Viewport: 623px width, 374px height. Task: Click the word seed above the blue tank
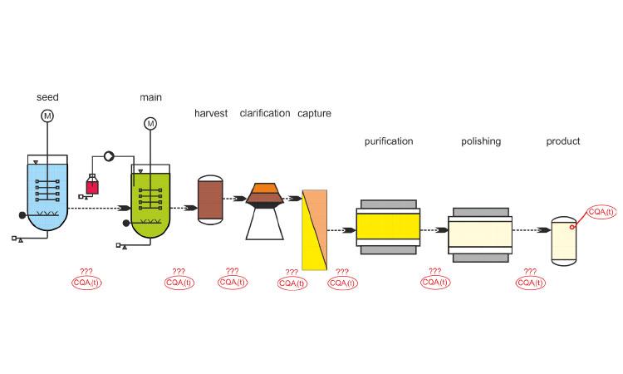[x=47, y=97]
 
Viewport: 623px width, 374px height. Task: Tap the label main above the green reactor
[x=150, y=97]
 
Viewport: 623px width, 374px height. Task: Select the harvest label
[x=211, y=114]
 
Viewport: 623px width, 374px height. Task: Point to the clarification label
[x=265, y=114]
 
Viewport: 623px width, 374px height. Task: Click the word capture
[x=314, y=114]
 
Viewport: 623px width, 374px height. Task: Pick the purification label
[x=389, y=141]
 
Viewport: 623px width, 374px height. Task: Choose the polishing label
[x=481, y=141]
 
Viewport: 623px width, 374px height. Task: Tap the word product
[x=563, y=141]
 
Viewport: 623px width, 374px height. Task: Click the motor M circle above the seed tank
[x=47, y=116]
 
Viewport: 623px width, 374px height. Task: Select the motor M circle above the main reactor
[x=150, y=124]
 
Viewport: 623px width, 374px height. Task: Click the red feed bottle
[x=92, y=185]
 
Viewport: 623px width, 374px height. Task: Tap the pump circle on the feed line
[x=109, y=156]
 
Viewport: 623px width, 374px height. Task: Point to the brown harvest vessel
[x=210, y=200]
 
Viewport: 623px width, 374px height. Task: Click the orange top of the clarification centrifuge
[x=265, y=188]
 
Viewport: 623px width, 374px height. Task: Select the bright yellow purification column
[x=388, y=227]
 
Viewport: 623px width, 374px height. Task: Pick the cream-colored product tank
[x=564, y=241]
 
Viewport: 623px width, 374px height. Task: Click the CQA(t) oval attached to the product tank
[x=601, y=212]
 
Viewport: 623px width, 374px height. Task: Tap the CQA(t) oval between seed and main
[x=86, y=283]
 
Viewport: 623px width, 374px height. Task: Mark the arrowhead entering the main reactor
[x=125, y=209]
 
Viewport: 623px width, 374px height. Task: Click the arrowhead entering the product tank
[x=544, y=230]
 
